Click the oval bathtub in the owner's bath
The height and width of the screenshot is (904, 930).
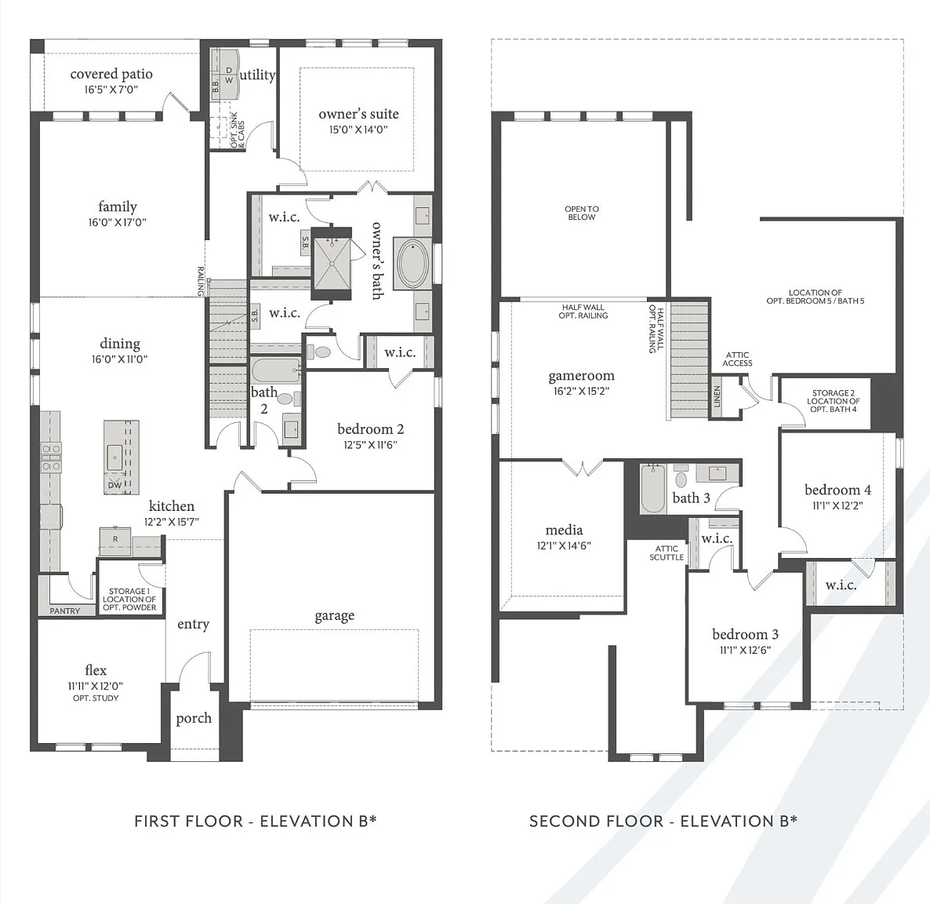413,264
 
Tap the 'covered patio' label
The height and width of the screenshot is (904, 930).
111,74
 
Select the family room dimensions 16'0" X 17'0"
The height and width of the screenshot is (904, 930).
118,222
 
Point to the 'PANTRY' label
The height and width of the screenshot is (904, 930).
64,611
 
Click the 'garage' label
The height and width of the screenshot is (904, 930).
335,616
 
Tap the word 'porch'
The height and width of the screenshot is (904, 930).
194,719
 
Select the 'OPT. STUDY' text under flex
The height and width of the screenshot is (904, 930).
96,698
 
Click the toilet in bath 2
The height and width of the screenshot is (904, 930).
285,399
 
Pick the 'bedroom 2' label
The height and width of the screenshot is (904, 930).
370,428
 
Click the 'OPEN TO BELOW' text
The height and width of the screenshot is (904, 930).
582,213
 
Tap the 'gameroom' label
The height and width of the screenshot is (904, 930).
581,376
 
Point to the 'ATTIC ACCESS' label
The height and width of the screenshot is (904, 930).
737,359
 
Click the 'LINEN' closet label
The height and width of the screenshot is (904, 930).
717,396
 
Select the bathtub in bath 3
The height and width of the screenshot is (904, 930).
652,488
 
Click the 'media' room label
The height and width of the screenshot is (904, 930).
564,530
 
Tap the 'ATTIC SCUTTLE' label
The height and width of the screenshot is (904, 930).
667,553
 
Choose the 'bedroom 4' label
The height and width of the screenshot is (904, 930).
837,490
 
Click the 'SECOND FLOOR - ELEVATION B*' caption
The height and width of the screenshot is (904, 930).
663,821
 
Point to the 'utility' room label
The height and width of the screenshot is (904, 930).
257,75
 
